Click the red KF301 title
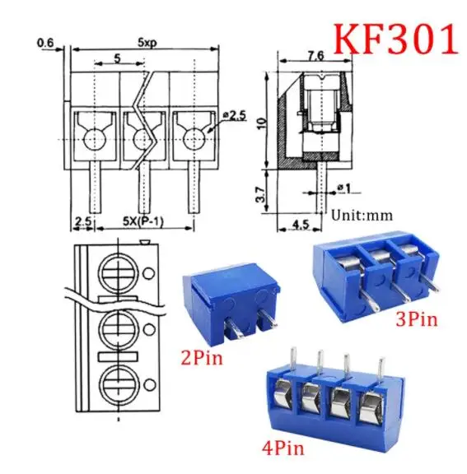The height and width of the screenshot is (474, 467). point(395,39)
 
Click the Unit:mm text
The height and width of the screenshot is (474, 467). point(363,216)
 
